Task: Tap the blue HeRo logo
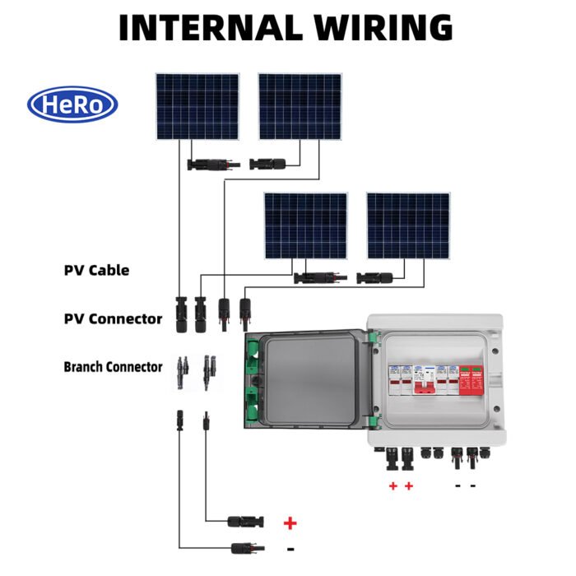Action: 72,105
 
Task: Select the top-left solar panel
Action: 197,106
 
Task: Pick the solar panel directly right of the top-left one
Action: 300,106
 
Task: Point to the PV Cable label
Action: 96,270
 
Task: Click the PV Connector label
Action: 113,318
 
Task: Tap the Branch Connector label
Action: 113,366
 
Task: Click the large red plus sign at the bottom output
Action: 290,523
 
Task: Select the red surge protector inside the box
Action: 472,380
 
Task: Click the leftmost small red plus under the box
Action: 393,486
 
